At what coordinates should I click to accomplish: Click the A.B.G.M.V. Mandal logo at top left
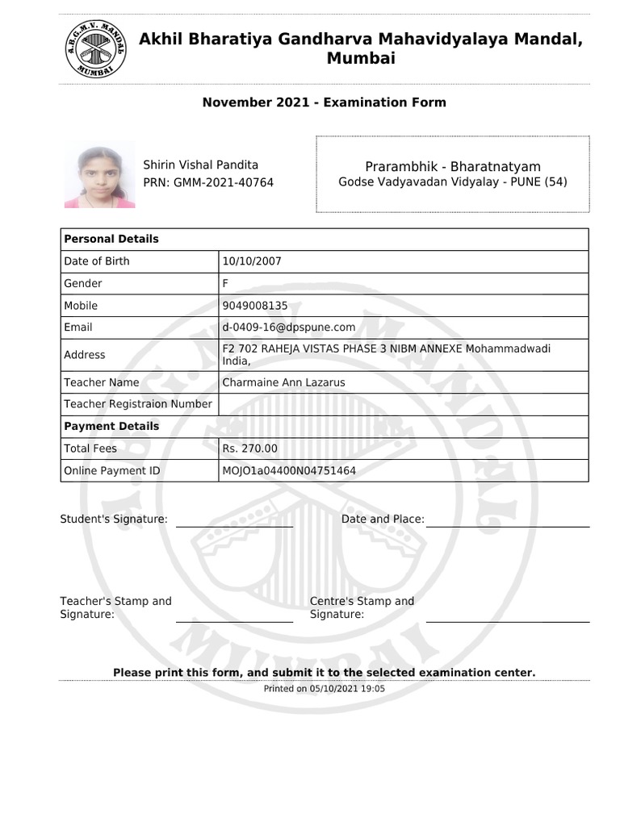(95, 48)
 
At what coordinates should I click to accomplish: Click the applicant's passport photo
(99, 175)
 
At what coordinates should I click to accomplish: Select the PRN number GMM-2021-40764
(208, 183)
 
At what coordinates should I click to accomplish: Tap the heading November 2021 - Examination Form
(324, 102)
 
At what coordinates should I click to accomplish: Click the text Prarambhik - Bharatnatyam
(453, 166)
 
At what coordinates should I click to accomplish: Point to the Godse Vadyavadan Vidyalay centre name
(453, 182)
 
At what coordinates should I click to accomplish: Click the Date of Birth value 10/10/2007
(252, 261)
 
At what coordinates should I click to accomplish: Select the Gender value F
(225, 284)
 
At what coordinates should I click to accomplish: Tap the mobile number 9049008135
(254, 306)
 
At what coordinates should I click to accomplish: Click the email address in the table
(289, 327)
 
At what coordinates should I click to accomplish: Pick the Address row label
(85, 355)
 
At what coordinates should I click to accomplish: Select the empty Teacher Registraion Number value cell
(404, 404)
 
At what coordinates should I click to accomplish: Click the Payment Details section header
(111, 426)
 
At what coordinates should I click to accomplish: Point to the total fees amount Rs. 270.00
(250, 448)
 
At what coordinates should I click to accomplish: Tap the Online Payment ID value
(289, 471)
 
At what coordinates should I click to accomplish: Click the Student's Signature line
(234, 525)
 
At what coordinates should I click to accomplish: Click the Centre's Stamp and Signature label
(362, 607)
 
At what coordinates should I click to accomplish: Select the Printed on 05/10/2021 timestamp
(324, 689)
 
